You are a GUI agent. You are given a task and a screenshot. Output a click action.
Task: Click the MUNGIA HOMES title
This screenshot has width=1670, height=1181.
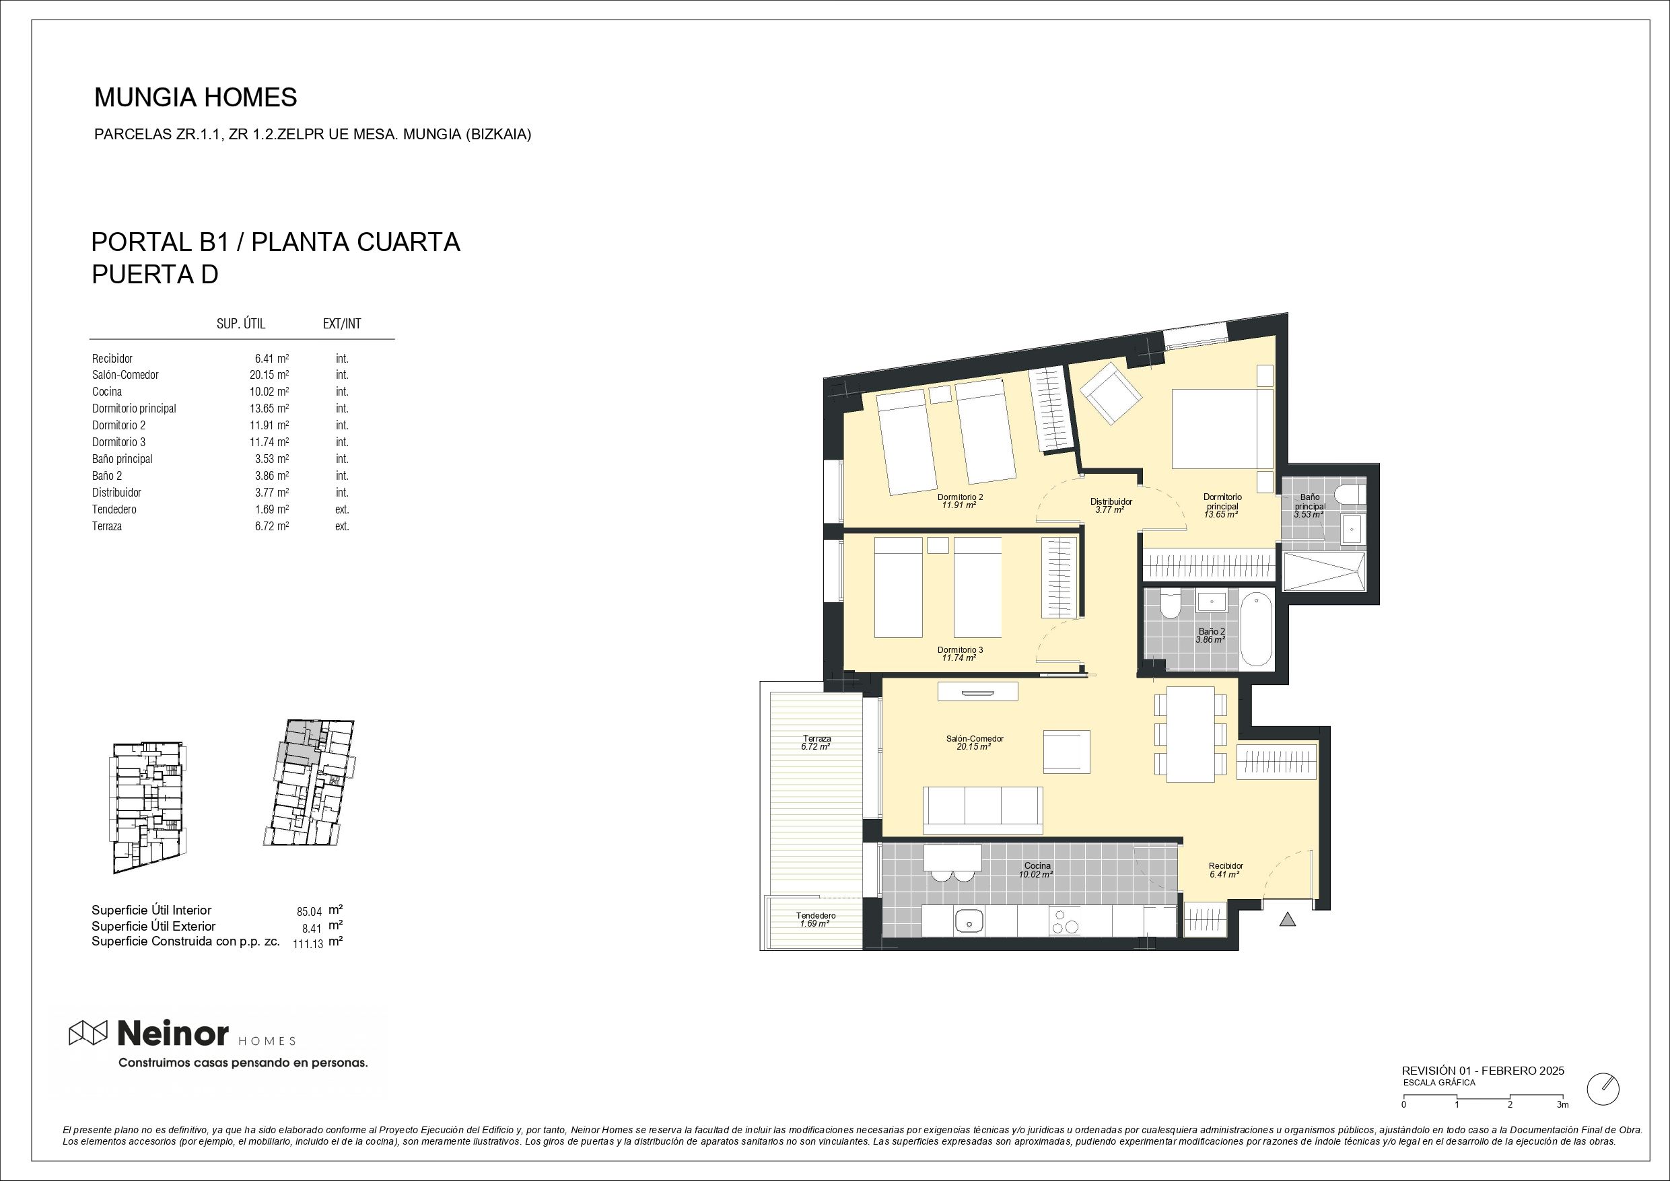(196, 98)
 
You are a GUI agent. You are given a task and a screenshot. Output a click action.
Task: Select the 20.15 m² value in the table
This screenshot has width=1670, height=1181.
(269, 375)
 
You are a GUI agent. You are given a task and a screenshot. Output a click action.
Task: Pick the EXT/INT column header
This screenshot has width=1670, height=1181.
(342, 324)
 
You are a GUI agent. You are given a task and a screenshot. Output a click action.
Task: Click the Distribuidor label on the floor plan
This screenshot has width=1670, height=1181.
(1111, 502)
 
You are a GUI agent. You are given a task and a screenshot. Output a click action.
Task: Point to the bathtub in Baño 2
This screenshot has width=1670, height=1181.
(1256, 630)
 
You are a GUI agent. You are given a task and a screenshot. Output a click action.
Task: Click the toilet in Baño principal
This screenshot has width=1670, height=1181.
(1351, 495)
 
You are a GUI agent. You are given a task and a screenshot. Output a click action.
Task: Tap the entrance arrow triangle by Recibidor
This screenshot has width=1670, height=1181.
(1288, 920)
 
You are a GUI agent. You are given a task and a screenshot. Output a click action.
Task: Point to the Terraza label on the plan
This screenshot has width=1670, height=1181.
(816, 739)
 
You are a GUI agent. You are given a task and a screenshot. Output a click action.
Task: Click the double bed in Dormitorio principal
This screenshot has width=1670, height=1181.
(1222, 429)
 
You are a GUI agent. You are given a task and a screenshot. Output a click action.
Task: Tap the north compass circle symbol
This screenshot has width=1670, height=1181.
(1603, 1109)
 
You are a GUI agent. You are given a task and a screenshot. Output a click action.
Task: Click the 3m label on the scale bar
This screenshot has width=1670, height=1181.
(1562, 1105)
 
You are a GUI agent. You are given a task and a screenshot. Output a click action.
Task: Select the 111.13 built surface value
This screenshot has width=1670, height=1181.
(308, 945)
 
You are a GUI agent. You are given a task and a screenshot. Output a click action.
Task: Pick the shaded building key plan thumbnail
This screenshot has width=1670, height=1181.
(310, 783)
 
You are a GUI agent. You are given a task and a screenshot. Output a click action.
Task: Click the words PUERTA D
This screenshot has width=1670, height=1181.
(155, 275)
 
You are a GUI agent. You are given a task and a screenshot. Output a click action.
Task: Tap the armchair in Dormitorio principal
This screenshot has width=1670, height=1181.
(1110, 394)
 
